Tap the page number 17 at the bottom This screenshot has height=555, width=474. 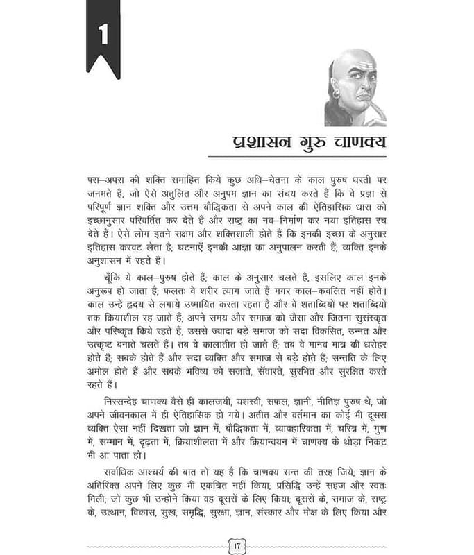[x=237, y=544]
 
